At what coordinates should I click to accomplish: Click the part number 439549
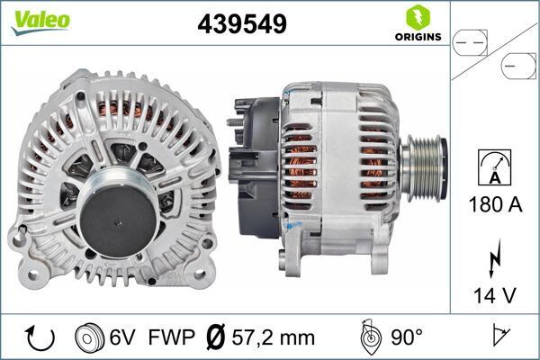coord(242,25)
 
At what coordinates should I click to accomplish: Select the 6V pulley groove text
coord(123,338)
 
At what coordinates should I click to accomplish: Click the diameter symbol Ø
coord(214,338)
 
